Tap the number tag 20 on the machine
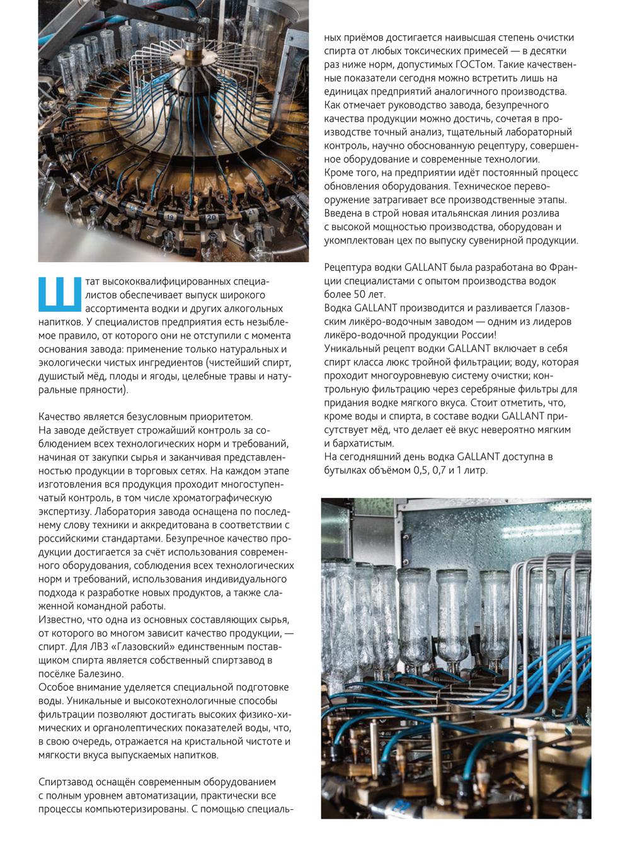212,217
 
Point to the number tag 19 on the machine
170,216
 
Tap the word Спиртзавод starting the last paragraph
67,782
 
